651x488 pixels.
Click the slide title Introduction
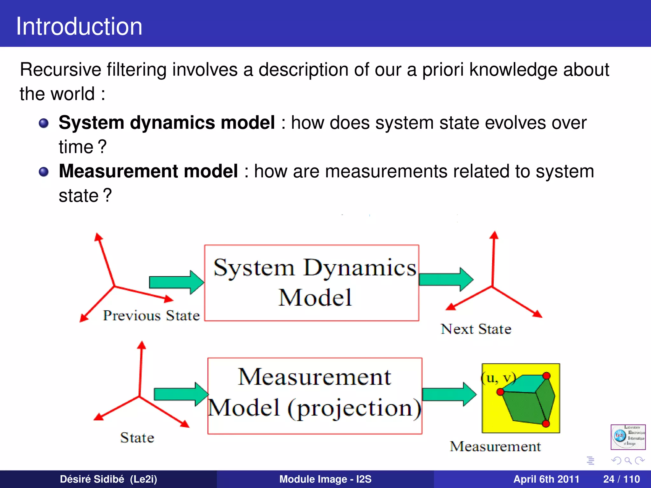79,26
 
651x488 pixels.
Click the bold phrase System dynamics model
167,123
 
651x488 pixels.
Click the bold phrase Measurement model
148,171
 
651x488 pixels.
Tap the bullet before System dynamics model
44,123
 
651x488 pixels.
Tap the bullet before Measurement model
44,172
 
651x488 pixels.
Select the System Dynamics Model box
312,283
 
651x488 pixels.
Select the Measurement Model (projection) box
315,396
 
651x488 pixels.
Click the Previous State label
151,315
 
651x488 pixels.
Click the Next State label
476,329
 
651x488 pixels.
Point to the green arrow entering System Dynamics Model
176,282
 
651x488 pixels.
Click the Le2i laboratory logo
628,437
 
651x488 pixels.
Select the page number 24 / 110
621,479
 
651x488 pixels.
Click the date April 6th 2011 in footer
546,479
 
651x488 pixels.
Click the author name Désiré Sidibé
108,479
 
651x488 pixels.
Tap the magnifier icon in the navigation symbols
628,460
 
